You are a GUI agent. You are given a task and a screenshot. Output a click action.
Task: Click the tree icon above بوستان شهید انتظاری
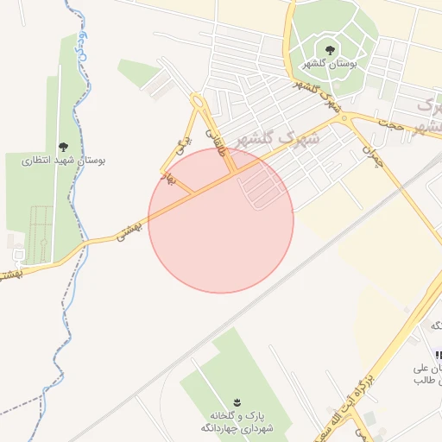pyautogui.click(x=62, y=146)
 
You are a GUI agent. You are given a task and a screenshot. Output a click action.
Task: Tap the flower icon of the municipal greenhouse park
pyautogui.click(x=238, y=401)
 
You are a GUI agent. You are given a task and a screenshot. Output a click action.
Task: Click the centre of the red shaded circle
pyautogui.click(x=221, y=220)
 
